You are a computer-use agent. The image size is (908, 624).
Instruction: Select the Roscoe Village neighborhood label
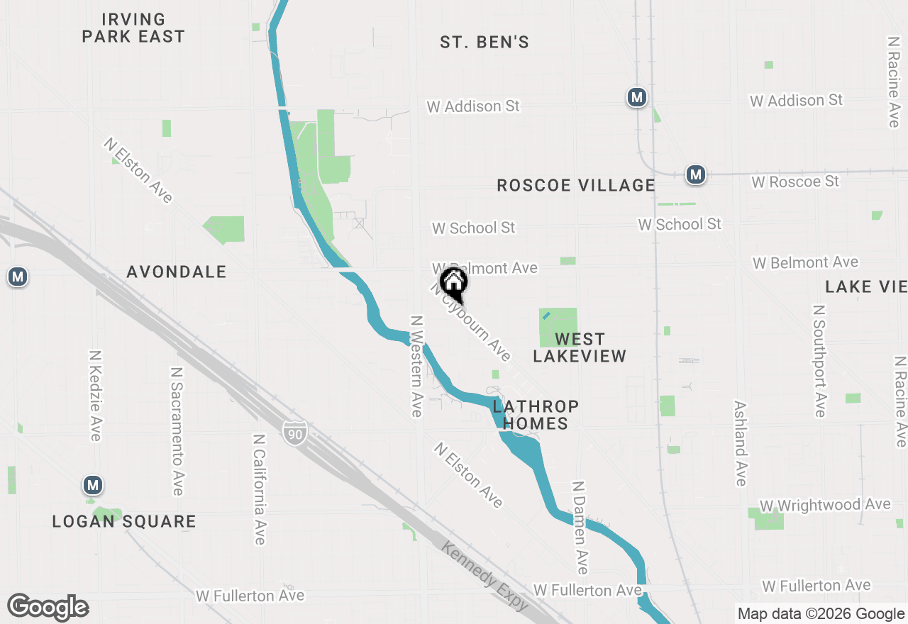coord(575,186)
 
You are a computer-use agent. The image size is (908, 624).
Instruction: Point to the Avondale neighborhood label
coord(177,272)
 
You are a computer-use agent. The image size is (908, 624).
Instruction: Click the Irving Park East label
coord(133,28)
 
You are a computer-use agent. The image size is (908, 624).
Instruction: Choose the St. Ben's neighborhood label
coord(485,43)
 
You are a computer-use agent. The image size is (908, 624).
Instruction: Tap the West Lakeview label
coord(580,347)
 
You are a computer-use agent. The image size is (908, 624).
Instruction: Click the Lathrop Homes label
coord(536,415)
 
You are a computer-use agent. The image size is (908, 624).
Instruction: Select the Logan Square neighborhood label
coord(124,522)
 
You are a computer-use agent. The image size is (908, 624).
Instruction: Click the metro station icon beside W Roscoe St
coord(696,174)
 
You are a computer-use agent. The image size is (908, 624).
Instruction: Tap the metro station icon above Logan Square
coord(92,486)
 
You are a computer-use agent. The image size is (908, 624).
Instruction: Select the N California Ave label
coord(259,489)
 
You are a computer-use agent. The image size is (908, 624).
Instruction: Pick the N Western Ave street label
coord(416,366)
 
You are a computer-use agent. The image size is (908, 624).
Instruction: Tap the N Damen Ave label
coord(580,528)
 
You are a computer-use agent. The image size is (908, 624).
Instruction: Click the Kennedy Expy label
coord(485,576)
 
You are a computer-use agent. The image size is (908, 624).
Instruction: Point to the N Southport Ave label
coord(819,361)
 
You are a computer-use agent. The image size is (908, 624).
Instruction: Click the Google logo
coord(48,608)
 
